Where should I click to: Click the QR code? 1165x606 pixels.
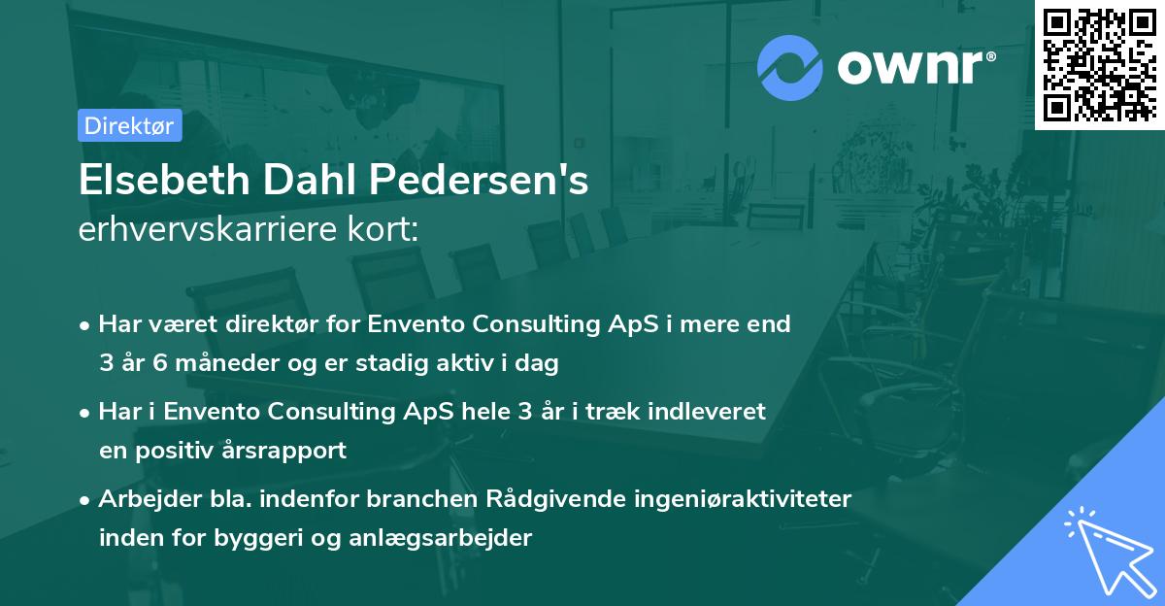1099,63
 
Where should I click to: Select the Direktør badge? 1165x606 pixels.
129,125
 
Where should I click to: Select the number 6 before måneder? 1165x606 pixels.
156,364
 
